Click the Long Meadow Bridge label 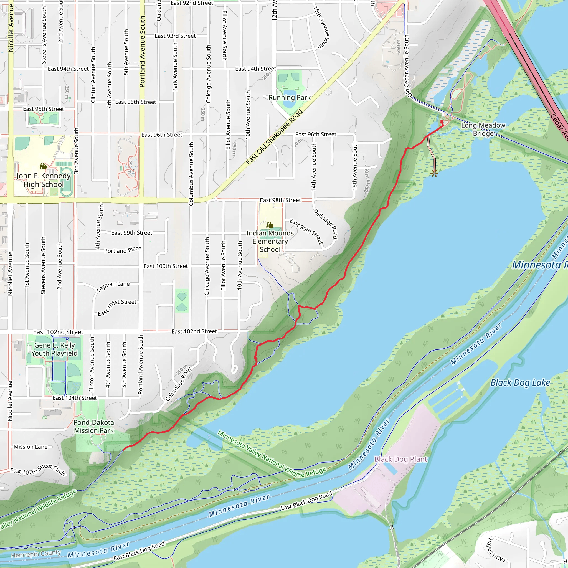pos(483,129)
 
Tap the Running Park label pos(289,97)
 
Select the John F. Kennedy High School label pos(44,180)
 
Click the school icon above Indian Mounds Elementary pos(270,225)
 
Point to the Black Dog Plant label pos(400,459)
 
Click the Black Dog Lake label pos(520,382)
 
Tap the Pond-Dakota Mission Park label pos(93,426)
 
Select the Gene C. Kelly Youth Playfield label pos(54,349)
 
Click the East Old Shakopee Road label pos(274,137)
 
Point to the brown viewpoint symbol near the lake pos(434,173)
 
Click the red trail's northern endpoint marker pos(442,121)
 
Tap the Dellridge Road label pos(325,224)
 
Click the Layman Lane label pos(113,286)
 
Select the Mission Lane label pos(31,447)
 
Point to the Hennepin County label pos(36,554)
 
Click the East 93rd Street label pos(175,36)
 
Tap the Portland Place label pos(123,250)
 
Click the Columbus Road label pos(178,384)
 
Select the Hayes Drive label pos(496,550)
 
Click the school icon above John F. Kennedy pos(43,167)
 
